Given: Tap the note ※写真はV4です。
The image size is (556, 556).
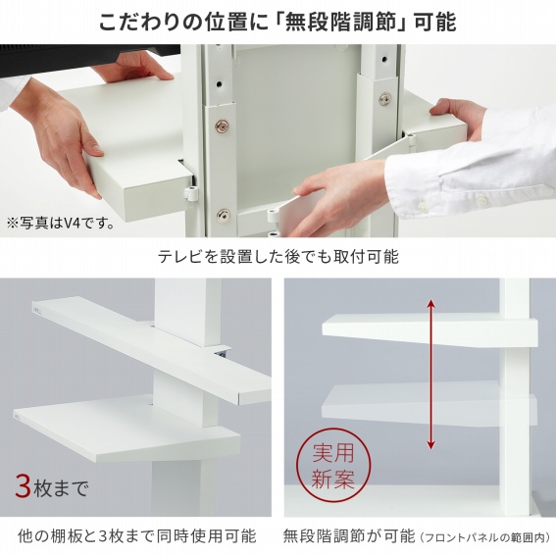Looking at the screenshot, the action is point(61,224).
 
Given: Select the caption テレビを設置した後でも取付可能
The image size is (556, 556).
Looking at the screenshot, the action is point(278,256).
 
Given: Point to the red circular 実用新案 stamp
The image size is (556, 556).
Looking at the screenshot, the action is point(333,466).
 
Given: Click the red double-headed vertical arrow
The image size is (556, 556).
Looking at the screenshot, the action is point(430,374).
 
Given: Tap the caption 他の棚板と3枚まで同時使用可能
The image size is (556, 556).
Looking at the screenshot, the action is point(136,535).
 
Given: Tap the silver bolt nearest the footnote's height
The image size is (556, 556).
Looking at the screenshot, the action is point(223,214).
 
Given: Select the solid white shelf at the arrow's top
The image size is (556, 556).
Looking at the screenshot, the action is point(430,329).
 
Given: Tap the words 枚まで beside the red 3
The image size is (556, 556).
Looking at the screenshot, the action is point(61,488).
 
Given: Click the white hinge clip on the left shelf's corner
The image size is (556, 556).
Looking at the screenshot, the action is point(190,193).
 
